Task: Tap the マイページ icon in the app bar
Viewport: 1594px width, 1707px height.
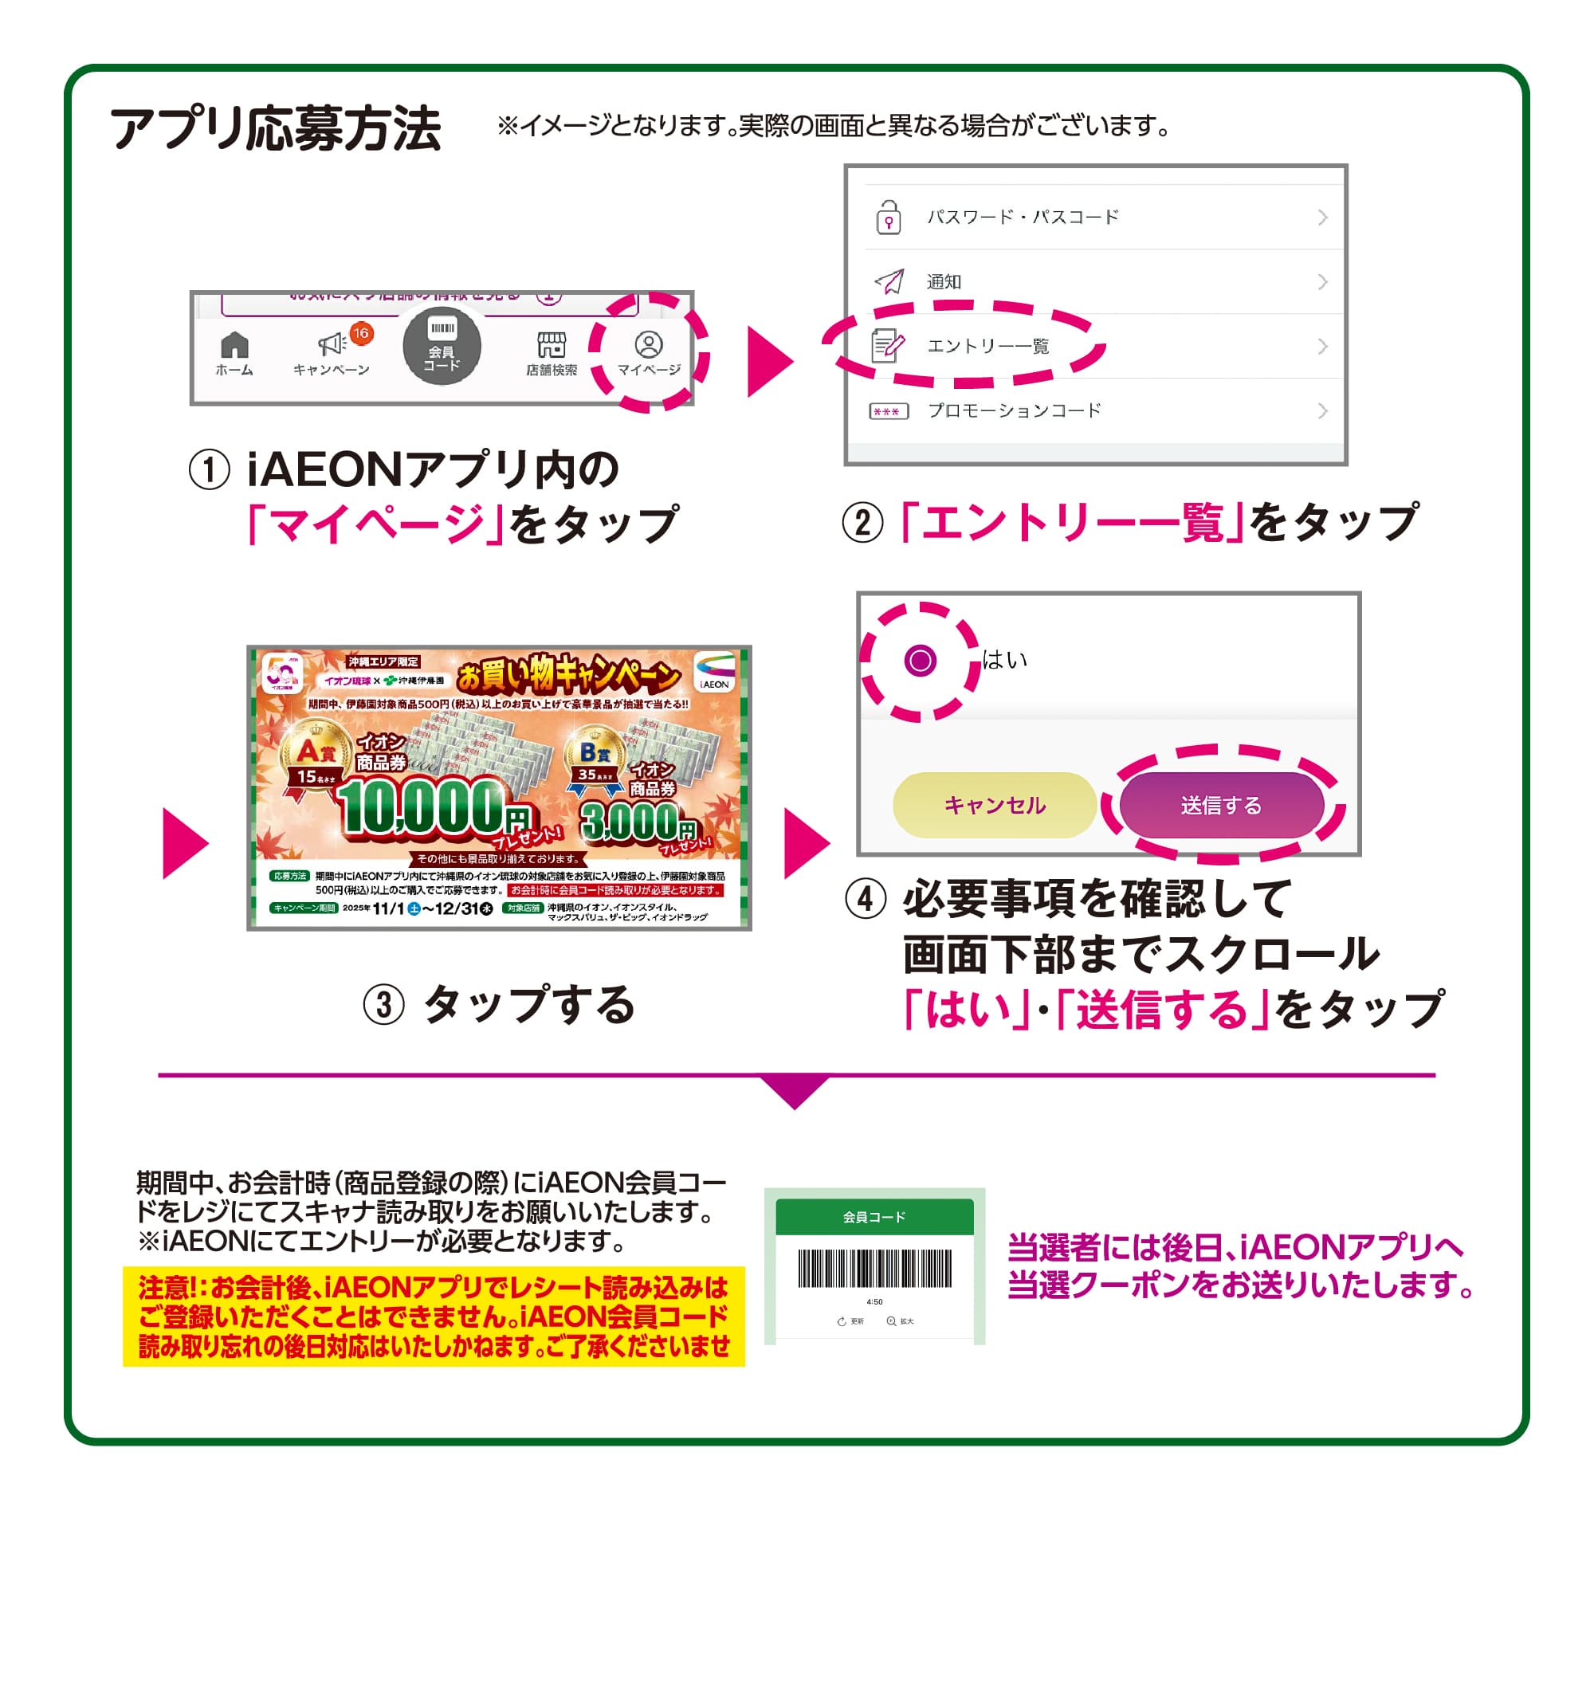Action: (649, 345)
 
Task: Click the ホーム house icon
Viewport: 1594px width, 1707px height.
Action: (234, 345)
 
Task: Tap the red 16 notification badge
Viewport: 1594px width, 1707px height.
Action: (361, 333)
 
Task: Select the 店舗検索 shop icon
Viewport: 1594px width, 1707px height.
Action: (552, 345)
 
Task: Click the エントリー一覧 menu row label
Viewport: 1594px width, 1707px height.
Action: (987, 346)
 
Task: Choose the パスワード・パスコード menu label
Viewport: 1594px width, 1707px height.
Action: (1022, 218)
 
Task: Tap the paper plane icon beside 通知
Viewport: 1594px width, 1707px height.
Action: (889, 281)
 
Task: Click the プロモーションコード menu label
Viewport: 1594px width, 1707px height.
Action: (1015, 410)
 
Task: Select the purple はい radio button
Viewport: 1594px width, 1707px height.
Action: (920, 661)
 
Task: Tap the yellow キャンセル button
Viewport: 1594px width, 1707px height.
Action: (994, 805)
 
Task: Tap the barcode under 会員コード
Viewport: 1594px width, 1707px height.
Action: (874, 1268)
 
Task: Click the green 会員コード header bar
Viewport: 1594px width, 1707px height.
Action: (874, 1217)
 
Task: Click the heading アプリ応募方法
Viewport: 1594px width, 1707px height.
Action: (275, 129)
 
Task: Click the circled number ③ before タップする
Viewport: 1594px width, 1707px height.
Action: (383, 1005)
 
